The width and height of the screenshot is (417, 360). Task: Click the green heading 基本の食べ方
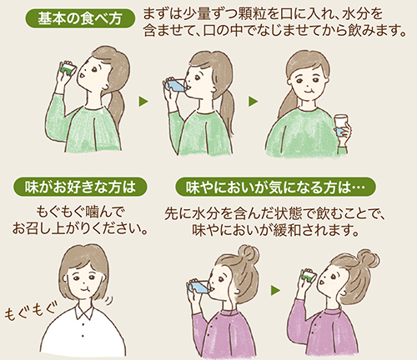click(80, 18)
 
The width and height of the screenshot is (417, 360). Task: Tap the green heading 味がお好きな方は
click(80, 187)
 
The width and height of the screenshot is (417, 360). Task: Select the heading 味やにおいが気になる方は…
click(275, 187)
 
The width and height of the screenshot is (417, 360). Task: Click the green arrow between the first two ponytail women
click(143, 102)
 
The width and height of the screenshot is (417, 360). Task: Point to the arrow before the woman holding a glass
click(253, 102)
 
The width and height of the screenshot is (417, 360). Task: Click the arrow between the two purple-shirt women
click(275, 291)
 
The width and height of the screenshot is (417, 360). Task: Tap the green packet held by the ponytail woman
click(68, 67)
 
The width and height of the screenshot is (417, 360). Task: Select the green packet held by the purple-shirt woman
click(307, 275)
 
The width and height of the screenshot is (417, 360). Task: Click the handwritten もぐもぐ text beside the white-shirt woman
click(30, 311)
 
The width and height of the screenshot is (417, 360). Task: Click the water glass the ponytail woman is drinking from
click(176, 85)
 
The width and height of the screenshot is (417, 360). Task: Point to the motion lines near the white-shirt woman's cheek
click(109, 301)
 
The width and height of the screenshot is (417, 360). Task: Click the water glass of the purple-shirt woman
click(199, 287)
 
